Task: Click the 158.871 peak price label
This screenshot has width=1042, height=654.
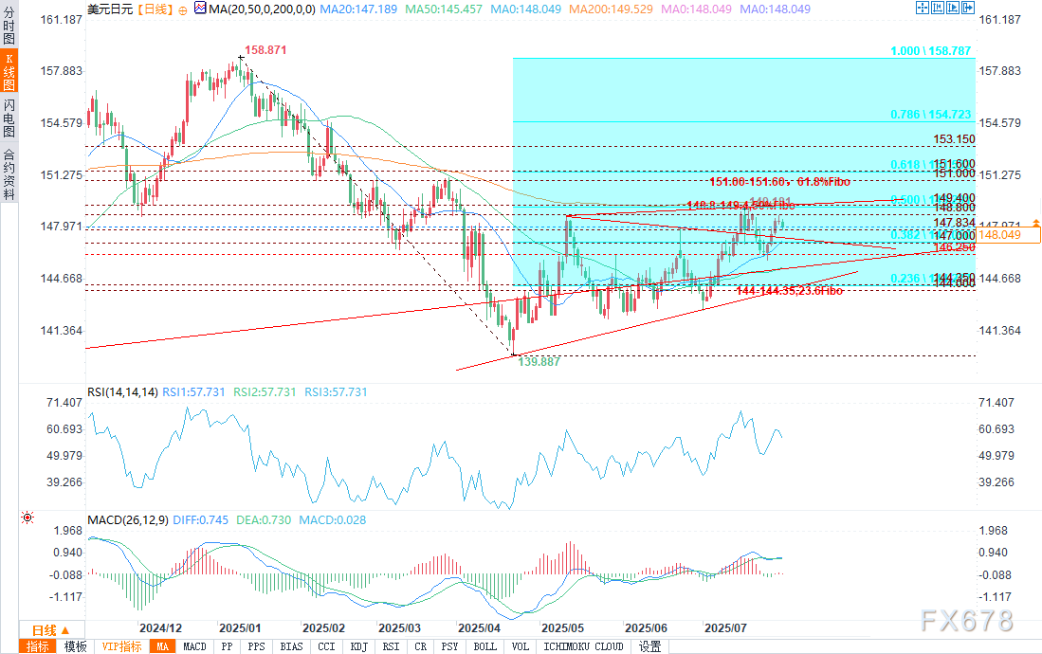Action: coord(265,49)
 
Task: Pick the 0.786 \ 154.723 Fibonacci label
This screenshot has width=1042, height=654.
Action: coord(931,114)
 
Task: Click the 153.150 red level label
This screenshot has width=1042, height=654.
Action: coord(954,138)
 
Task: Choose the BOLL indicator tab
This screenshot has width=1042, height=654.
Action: coord(484,646)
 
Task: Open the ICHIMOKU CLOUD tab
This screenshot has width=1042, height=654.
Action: coord(584,646)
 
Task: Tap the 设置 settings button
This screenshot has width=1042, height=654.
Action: coord(649,646)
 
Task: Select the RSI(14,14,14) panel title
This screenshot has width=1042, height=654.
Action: coord(121,391)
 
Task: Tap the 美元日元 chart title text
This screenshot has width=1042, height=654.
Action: coord(109,8)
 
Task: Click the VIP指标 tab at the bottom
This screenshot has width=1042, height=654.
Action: coord(121,646)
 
